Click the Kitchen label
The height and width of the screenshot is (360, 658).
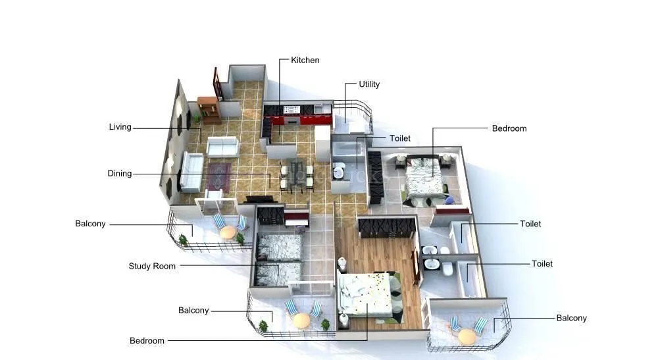[305, 61]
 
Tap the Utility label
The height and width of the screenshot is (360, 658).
[369, 84]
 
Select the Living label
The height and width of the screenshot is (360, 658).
[120, 127]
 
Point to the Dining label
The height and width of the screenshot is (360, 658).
[120, 174]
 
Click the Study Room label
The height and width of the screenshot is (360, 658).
[152, 267]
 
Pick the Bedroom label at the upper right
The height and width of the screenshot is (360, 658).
[509, 128]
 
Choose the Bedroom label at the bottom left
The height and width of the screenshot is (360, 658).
[147, 341]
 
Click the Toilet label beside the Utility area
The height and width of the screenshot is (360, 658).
[400, 138]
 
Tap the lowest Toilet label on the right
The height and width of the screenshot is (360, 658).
[542, 264]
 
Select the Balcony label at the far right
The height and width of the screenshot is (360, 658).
[571, 318]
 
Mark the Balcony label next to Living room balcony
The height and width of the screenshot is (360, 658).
[90, 224]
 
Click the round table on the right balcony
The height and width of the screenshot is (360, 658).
[467, 336]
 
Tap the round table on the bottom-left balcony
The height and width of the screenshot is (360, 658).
[301, 320]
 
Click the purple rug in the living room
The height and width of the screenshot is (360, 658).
[218, 176]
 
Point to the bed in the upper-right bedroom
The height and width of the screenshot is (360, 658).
[422, 176]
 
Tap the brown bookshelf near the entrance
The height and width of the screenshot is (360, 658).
[208, 109]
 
